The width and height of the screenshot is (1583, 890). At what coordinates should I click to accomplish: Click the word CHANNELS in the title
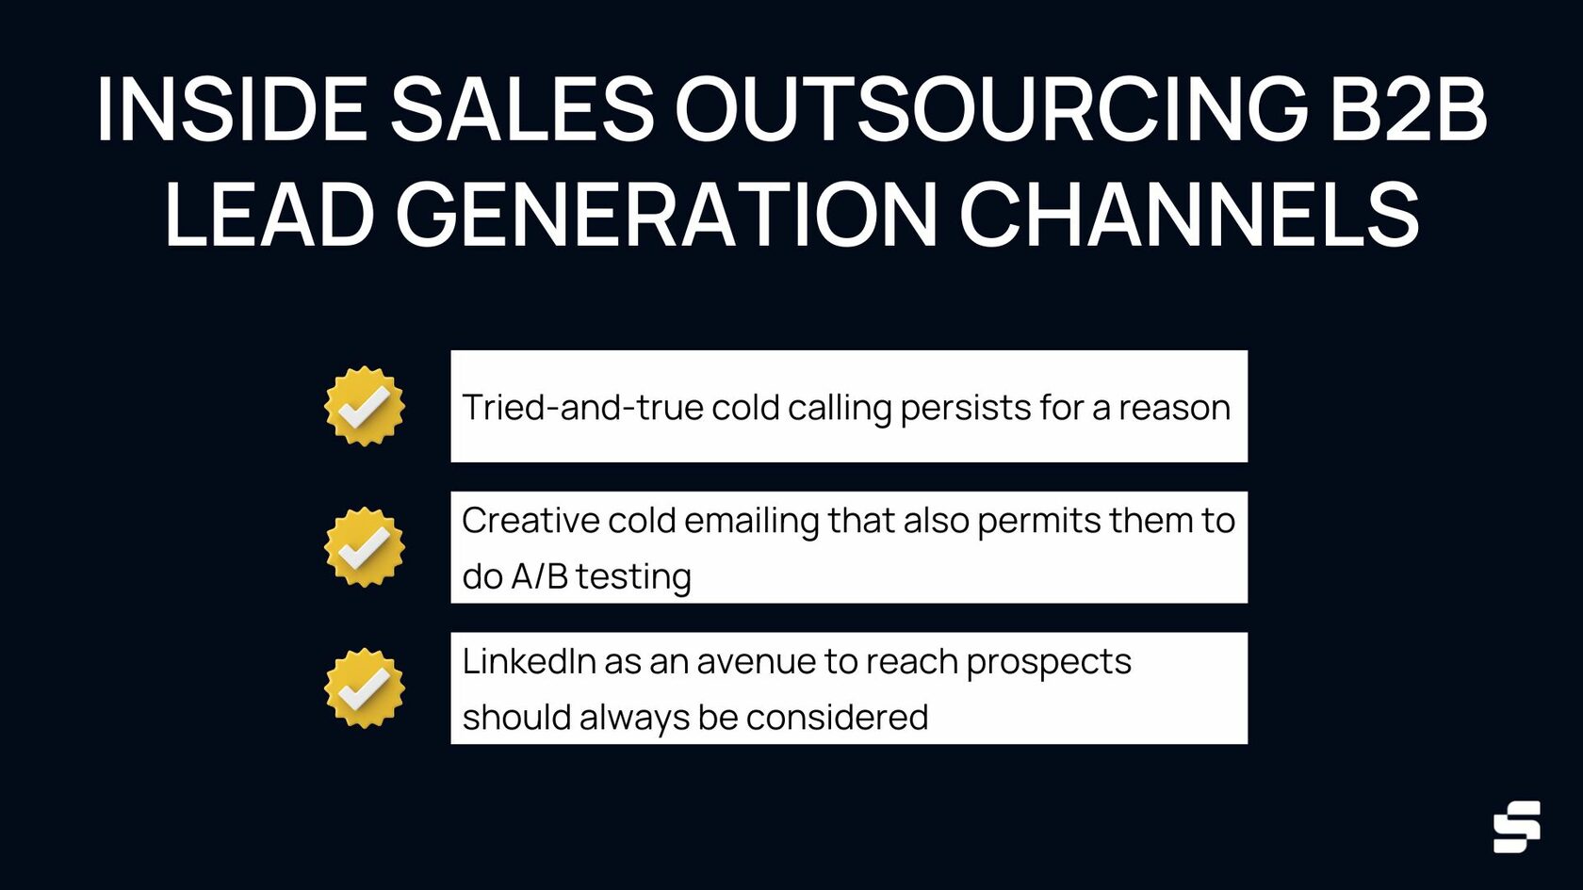[1189, 213]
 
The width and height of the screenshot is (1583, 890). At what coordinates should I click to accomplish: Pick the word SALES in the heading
[522, 109]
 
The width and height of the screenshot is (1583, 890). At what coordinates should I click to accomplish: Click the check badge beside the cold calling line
[365, 406]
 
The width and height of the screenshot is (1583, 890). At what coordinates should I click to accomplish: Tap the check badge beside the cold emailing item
[365, 546]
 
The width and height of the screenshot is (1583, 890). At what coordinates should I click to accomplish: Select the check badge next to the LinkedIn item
[365, 688]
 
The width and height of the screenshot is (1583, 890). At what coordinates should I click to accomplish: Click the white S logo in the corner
[1517, 827]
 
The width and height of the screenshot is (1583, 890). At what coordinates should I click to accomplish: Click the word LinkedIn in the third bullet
[530, 662]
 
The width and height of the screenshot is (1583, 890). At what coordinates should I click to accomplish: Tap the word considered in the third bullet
[837, 718]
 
